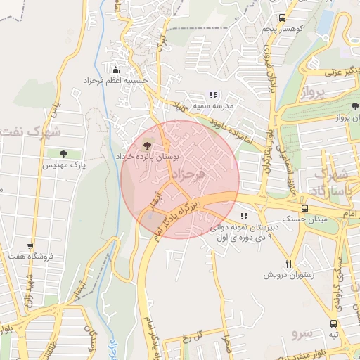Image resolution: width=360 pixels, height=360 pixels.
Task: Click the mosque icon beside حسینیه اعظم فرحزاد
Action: pyautogui.click(x=117, y=70)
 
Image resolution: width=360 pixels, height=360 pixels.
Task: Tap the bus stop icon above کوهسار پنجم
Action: pyautogui.click(x=282, y=18)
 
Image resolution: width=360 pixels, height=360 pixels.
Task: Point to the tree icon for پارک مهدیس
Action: pyautogui.click(x=65, y=153)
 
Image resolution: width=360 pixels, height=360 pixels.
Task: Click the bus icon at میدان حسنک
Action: pyautogui.click(x=304, y=208)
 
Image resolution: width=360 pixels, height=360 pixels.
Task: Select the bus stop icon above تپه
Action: pyautogui.click(x=333, y=324)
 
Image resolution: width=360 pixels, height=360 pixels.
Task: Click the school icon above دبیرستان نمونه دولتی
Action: pyautogui.click(x=244, y=217)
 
